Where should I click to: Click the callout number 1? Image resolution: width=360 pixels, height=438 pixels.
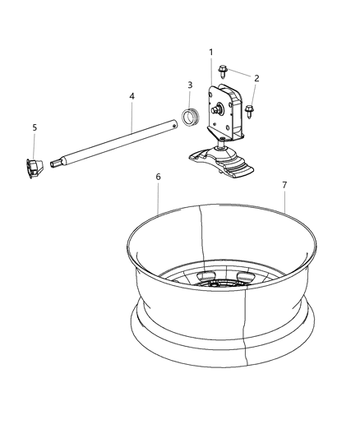coord(211,53)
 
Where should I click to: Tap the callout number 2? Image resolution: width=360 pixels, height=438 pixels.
coord(256,78)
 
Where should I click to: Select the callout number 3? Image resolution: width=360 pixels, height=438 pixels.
coord(190,85)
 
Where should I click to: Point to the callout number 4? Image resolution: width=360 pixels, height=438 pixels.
coord(132,96)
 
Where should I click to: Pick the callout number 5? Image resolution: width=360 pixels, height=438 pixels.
coord(35,127)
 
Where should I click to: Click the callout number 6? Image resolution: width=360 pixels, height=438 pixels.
coord(158,177)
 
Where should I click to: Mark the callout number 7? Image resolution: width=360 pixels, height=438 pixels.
coord(284,185)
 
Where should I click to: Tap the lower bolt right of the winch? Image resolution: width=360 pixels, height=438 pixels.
coord(248,109)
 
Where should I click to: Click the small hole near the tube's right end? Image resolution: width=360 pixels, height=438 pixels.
coord(173,126)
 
